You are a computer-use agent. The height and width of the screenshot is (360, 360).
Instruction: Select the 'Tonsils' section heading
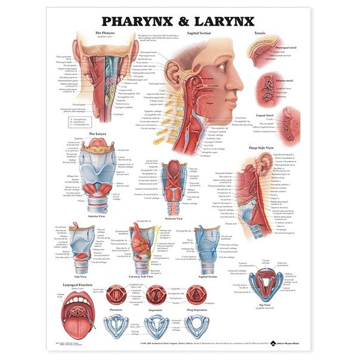click(260, 33)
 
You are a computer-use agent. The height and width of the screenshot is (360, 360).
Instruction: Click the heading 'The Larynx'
click(97, 134)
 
